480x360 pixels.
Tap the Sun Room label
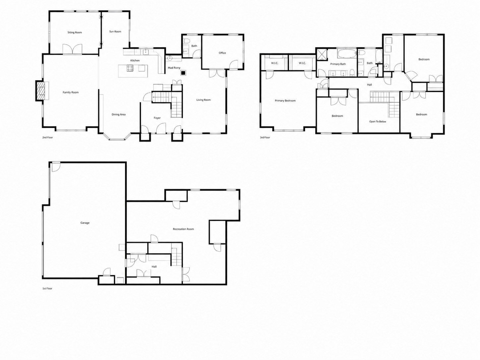(115, 31)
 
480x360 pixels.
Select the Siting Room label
(75, 32)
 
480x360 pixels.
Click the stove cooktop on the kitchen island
(130, 68)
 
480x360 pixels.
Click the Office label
(222, 53)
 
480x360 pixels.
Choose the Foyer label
(157, 118)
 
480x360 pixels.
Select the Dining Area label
(119, 114)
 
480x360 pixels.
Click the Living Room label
(204, 100)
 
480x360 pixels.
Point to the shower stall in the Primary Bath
(322, 54)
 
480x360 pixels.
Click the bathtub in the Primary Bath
(347, 54)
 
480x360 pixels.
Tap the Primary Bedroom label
(285, 101)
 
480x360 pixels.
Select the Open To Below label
(378, 122)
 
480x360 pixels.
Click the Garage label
(85, 223)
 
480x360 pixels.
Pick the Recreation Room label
(183, 229)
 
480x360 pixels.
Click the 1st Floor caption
(47, 288)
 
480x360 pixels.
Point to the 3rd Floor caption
(265, 138)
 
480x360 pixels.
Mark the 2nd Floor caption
(47, 138)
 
